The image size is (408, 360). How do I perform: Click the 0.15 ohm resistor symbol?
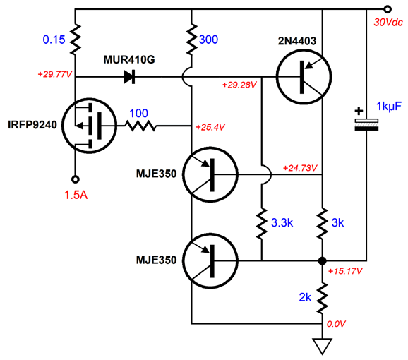[x=76, y=40]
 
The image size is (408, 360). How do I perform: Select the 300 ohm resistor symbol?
[x=192, y=40]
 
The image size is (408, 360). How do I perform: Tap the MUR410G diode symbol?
[x=129, y=77]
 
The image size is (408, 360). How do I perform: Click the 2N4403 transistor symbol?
[x=304, y=77]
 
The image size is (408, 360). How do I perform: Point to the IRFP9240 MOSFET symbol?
[x=89, y=126]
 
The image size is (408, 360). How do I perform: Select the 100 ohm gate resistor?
[x=140, y=126]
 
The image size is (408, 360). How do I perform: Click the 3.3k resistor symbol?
[x=262, y=223]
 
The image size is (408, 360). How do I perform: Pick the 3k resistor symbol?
[x=322, y=223]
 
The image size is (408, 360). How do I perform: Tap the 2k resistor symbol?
[x=322, y=299]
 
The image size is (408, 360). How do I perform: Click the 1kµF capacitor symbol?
[x=366, y=125]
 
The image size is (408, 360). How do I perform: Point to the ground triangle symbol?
[x=322, y=346]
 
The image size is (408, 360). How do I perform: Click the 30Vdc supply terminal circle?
[x=388, y=9]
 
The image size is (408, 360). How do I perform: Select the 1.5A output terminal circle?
[x=76, y=179]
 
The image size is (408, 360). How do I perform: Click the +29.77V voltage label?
[x=54, y=74]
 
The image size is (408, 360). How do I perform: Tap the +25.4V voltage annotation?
[x=210, y=127]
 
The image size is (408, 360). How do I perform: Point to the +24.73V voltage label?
[x=300, y=168]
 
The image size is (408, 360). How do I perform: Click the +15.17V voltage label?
[x=345, y=271]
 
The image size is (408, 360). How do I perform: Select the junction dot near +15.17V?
[x=322, y=260]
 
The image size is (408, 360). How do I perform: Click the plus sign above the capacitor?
[x=359, y=111]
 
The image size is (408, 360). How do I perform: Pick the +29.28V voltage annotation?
[x=239, y=85]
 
